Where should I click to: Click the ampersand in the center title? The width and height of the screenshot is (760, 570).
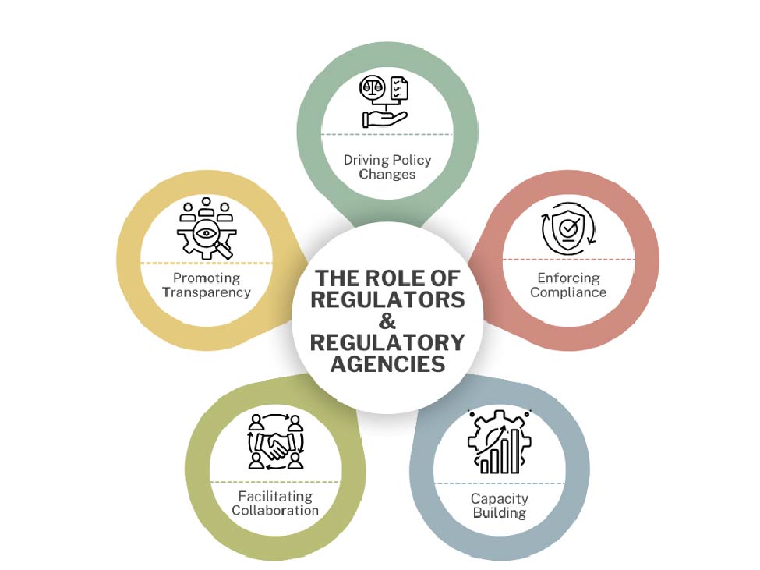click(387, 320)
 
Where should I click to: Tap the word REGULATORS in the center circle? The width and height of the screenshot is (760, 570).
click(387, 299)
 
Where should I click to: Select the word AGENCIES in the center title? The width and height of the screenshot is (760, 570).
click(387, 363)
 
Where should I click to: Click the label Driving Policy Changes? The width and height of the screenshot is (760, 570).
click(387, 167)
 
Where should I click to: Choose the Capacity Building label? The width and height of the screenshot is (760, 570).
click(500, 505)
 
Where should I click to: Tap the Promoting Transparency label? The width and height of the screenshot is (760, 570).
click(206, 285)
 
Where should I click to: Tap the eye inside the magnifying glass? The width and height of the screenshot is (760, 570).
click(207, 232)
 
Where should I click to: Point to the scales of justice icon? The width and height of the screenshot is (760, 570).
click(373, 88)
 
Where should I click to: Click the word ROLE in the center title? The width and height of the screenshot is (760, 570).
click(388, 278)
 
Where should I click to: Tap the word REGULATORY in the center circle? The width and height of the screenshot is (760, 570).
click(387, 342)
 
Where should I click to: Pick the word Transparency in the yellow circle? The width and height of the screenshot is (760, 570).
click(206, 292)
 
